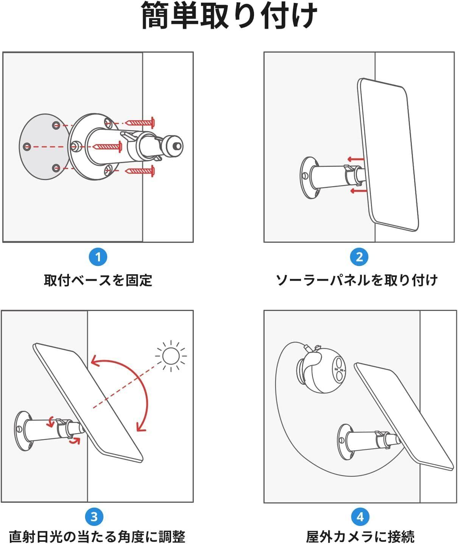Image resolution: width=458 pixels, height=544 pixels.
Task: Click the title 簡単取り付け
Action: [229, 16]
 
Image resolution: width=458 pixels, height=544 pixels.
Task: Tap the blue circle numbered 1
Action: [98, 257]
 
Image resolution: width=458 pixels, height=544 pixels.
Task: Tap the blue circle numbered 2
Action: [359, 257]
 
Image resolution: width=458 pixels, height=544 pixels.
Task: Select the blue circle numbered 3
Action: [94, 517]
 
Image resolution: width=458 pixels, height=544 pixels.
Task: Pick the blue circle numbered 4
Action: [360, 517]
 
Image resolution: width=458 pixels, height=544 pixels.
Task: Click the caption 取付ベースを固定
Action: [98, 281]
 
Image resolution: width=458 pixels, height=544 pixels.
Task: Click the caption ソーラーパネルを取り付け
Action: [357, 281]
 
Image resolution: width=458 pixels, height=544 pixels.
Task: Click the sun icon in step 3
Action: [171, 356]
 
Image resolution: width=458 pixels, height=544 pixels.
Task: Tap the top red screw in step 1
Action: [140, 123]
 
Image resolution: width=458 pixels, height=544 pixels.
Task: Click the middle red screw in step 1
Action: [107, 147]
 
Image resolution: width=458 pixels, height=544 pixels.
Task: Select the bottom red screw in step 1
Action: [140, 171]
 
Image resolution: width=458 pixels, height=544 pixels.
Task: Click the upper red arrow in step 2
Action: [355, 159]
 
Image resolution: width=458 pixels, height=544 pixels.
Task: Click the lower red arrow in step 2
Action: [359, 191]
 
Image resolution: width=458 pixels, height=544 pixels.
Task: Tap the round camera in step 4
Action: [321, 370]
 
